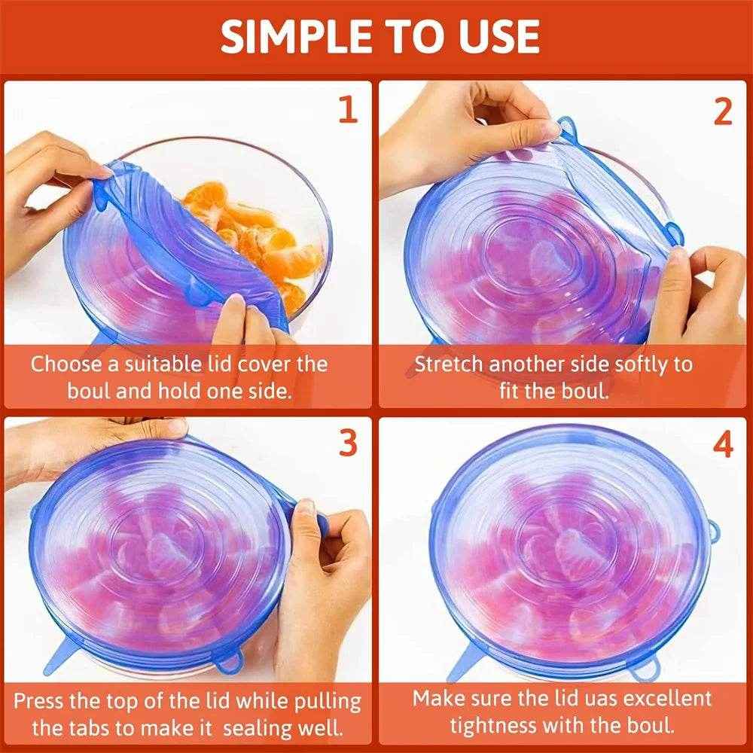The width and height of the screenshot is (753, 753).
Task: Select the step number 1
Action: (x=347, y=110)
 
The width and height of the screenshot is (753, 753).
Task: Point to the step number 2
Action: (x=722, y=110)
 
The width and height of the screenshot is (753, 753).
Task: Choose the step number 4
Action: (x=722, y=444)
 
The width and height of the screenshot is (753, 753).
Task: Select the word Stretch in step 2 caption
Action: (x=449, y=364)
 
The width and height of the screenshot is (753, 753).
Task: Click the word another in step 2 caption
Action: (x=527, y=364)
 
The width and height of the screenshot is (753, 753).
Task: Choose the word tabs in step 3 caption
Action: (x=96, y=727)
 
